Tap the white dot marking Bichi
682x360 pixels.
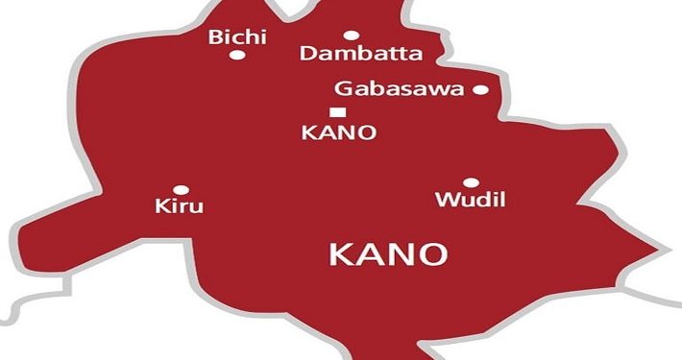(236, 55)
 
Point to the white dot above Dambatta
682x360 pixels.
(351, 36)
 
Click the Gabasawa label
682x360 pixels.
(400, 89)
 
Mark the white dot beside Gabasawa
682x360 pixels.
(480, 90)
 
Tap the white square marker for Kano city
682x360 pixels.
(335, 112)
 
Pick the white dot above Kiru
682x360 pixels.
(180, 190)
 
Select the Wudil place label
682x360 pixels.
(471, 201)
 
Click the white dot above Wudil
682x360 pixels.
(471, 182)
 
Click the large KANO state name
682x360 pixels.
(388, 254)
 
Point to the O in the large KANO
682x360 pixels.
(432, 254)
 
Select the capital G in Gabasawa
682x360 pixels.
(342, 89)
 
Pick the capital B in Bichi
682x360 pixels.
(214, 37)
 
